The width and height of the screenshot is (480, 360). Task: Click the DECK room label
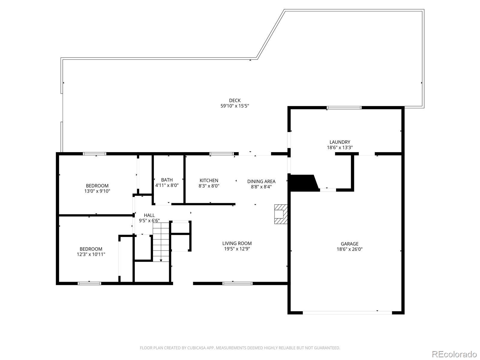[235, 100]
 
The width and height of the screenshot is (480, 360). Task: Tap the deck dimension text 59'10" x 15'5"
[235, 106]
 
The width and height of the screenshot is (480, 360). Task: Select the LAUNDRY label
[340, 142]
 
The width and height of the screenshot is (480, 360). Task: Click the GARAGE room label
[349, 244]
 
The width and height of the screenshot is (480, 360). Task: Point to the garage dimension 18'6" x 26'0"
[349, 249]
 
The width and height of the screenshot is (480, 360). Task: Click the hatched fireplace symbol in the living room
[280, 214]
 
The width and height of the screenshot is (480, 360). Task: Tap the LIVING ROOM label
[237, 243]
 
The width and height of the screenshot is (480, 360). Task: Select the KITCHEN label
[209, 181]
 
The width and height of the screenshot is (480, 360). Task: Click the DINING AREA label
[261, 181]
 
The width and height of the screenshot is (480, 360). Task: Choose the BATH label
[167, 180]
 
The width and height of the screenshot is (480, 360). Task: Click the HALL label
[149, 215]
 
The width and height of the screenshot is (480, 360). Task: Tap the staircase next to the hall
[161, 241]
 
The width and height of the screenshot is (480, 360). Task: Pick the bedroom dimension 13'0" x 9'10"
[97, 191]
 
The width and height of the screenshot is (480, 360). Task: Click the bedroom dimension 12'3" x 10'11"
[91, 254]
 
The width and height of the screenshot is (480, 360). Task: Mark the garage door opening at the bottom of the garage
[347, 313]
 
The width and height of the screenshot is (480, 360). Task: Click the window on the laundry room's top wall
[344, 108]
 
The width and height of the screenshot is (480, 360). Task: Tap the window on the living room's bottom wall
[237, 283]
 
